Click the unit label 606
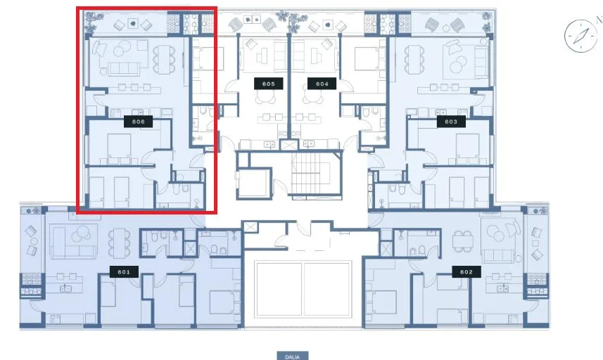pyautogui.click(x=138, y=122)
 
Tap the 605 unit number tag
pyautogui.click(x=268, y=84)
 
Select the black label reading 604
pyautogui.click(x=322, y=84)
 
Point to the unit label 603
pyautogui.click(x=451, y=122)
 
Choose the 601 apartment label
pyautogui.click(x=124, y=271)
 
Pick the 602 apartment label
pyautogui.click(x=466, y=271)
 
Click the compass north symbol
pyautogui.click(x=580, y=36)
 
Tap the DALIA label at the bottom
pyautogui.click(x=292, y=356)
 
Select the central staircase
pyautogui.click(x=311, y=174)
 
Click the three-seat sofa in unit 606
pyautogui.click(x=125, y=69)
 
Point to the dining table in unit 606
pyautogui.click(x=164, y=59)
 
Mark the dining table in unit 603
pyautogui.click(x=414, y=59)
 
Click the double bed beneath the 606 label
pyautogui.click(x=119, y=148)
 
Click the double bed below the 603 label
pyautogui.click(x=468, y=148)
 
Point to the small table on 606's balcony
pyautogui.click(x=133, y=23)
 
